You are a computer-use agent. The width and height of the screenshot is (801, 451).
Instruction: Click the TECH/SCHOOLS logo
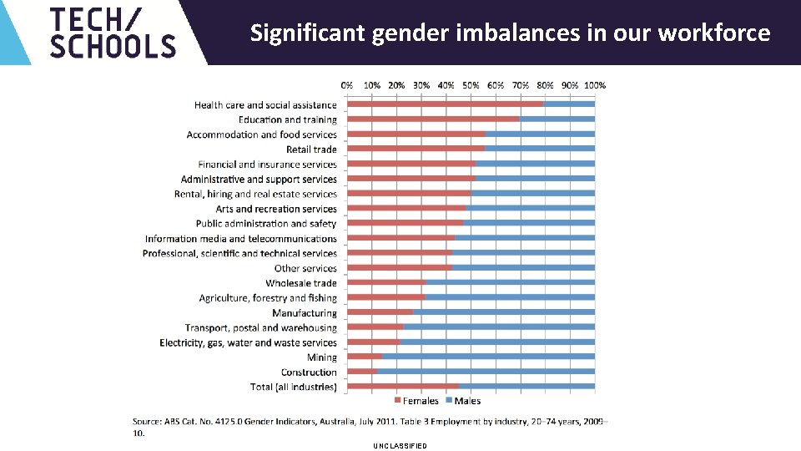(113, 33)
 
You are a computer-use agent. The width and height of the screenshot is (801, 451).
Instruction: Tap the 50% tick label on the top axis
(471, 85)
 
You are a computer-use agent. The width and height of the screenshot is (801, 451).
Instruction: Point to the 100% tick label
(595, 85)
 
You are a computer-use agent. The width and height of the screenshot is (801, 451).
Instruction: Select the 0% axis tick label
(347, 85)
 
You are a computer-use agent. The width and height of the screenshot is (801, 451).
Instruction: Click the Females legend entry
(416, 401)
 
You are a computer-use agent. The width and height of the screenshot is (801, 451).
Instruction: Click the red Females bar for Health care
(445, 104)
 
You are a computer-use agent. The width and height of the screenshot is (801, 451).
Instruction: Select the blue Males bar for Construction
(486, 372)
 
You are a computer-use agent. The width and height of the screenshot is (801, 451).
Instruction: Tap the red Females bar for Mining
(365, 357)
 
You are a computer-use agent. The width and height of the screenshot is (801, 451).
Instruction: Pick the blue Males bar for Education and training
(557, 119)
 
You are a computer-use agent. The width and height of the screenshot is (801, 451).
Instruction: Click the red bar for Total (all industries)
(403, 387)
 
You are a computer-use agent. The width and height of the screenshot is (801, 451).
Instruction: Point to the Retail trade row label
(311, 149)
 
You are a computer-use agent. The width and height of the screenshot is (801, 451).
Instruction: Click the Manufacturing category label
(305, 313)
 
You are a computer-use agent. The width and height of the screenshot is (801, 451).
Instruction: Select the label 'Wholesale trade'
(301, 283)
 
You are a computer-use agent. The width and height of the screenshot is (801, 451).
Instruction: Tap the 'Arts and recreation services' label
(276, 209)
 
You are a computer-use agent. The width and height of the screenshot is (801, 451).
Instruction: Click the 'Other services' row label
(305, 268)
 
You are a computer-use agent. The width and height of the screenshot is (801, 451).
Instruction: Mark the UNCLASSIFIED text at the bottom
(400, 446)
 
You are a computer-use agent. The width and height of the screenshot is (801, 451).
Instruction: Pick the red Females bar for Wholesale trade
(386, 283)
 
